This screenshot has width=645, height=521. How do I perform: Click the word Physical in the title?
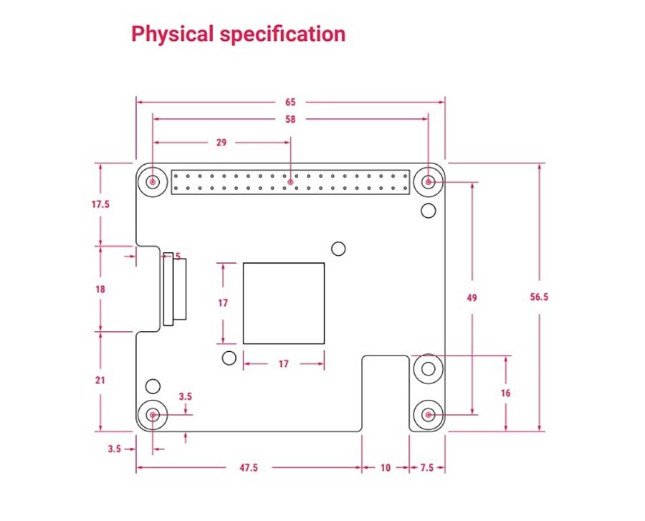point(172,34)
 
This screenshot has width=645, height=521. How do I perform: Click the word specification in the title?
point(282,34)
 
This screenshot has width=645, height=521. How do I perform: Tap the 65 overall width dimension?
point(290,102)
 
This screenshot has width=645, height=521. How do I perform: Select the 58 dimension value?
point(290,119)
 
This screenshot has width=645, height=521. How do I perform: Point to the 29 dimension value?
point(221,143)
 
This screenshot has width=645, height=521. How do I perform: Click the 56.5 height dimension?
point(539,297)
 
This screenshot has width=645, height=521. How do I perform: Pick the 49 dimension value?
point(472,297)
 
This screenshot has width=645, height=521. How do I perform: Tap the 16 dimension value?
point(505,393)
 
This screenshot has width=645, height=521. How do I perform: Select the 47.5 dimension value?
point(249,467)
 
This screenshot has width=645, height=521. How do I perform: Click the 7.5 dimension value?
point(427,467)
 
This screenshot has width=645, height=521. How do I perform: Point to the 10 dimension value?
point(386,467)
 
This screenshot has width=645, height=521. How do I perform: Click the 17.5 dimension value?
point(100,204)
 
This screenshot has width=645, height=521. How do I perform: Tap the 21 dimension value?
point(100,381)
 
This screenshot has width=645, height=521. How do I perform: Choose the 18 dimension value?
point(100,290)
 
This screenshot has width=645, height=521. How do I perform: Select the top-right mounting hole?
point(429,181)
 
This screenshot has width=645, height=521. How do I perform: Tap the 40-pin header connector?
point(290,182)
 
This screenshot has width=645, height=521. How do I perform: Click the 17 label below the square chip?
point(283,364)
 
